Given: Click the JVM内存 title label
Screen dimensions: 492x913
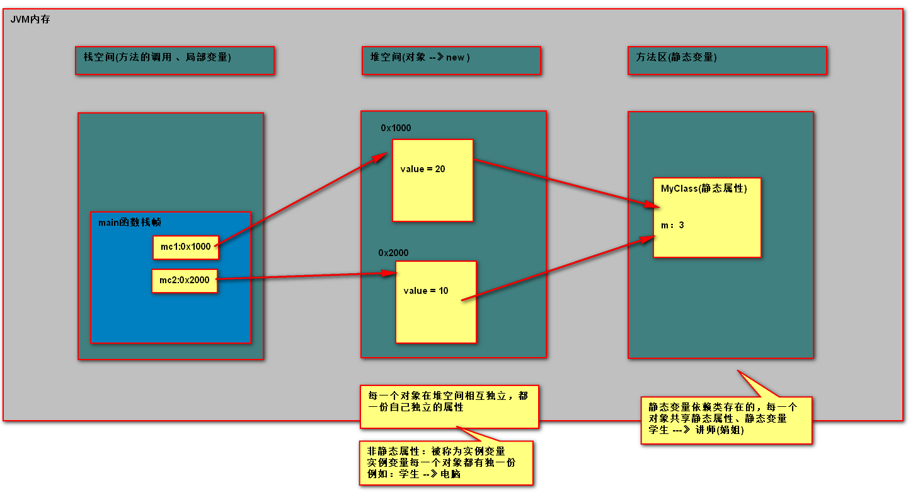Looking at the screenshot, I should (x=30, y=20).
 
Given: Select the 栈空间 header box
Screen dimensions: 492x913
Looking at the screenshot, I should (x=175, y=61).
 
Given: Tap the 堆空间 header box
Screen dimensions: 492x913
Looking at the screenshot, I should (x=451, y=61).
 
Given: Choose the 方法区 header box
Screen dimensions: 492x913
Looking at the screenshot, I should (x=726, y=61).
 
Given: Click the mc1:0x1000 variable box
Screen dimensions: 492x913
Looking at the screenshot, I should (x=185, y=247).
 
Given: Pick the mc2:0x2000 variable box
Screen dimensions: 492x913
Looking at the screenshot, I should (x=185, y=281).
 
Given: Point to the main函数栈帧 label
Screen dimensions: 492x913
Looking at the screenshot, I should (x=130, y=222).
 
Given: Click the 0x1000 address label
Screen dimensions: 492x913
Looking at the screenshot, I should (x=396, y=128).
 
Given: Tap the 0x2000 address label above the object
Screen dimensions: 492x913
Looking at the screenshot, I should (x=393, y=253).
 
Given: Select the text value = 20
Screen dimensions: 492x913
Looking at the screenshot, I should (x=423, y=169).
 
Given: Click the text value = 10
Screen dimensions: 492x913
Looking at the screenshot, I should (x=426, y=291).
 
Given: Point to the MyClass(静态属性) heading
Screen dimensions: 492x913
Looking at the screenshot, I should (x=704, y=189).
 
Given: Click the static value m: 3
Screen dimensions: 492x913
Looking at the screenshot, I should (x=672, y=225).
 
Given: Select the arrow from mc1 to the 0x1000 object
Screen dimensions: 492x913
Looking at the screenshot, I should (x=302, y=199).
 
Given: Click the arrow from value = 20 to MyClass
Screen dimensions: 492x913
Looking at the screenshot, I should (x=561, y=182).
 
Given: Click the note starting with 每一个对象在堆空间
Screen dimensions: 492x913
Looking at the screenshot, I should (x=449, y=406).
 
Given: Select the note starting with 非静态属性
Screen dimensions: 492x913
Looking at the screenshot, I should (x=445, y=463).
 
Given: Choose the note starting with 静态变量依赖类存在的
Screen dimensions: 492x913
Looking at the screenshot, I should (x=726, y=420).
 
